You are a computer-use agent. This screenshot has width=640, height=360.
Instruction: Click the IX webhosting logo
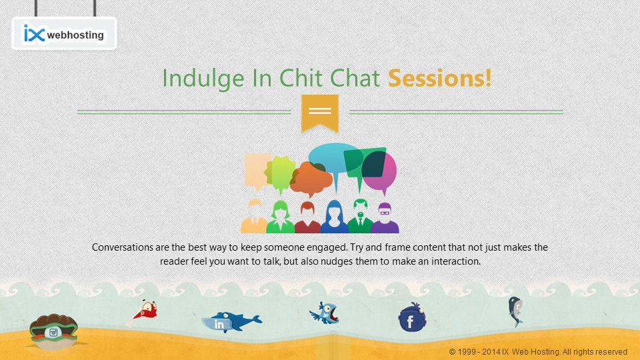pyautogui.click(x=64, y=33)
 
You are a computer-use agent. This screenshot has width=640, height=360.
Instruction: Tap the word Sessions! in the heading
pyautogui.click(x=439, y=78)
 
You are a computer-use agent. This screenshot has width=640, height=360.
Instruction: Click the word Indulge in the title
pyautogui.click(x=203, y=79)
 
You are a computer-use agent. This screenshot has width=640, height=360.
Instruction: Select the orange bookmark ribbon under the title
pyautogui.click(x=320, y=113)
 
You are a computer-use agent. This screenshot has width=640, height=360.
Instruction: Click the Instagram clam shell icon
pyautogui.click(x=53, y=331)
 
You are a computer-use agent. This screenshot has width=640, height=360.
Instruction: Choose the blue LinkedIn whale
pyautogui.click(x=231, y=322)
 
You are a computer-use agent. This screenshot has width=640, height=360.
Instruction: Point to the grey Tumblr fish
pyautogui.click(x=515, y=311)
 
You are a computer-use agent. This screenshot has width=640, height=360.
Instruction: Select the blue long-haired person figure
pyautogui.click(x=334, y=217)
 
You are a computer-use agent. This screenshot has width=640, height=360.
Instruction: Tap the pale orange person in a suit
pyautogui.click(x=254, y=216)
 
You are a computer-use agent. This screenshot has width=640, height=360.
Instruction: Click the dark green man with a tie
pyautogui.click(x=360, y=216)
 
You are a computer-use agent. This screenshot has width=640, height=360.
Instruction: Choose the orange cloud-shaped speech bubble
pyautogui.click(x=311, y=179)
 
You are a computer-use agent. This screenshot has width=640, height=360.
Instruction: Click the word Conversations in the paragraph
pyautogui.click(x=123, y=247)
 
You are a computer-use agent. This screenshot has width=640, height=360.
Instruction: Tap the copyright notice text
pyautogui.click(x=538, y=352)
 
